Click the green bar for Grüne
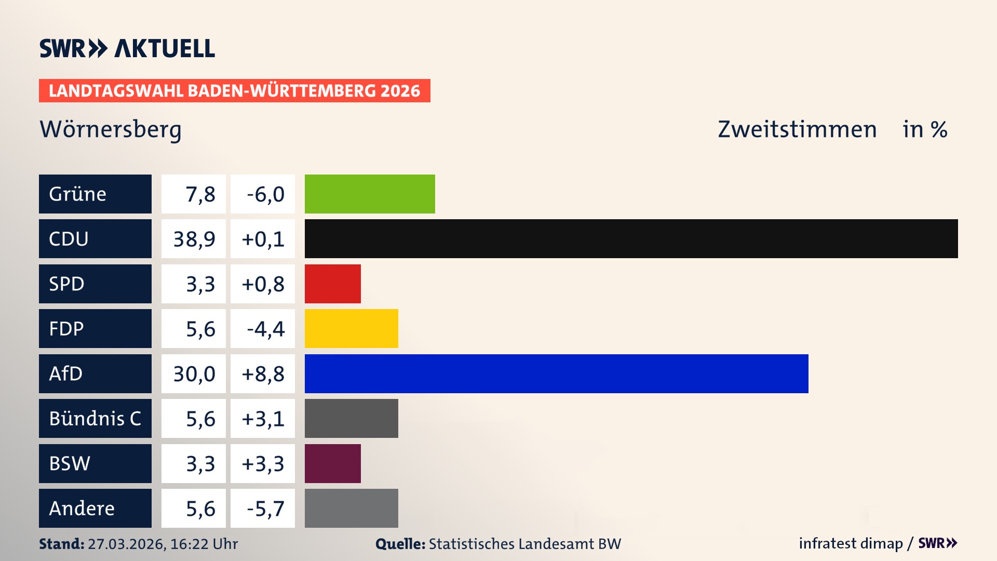pos(370,194)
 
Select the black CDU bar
pos(631,239)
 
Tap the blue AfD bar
pos(556,373)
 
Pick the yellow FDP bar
pos(351,328)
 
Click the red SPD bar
pos(332,284)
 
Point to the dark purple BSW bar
pos(332,463)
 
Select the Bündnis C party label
pos(95,418)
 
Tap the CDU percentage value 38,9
pos(194,239)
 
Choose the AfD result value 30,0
pos(194,373)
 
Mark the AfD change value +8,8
pos(263,373)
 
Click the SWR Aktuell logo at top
pos(127,48)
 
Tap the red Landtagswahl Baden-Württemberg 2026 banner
pos(234,91)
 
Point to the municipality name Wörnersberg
pos(111,129)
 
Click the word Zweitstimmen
pos(797,129)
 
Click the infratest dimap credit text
pos(851,543)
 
